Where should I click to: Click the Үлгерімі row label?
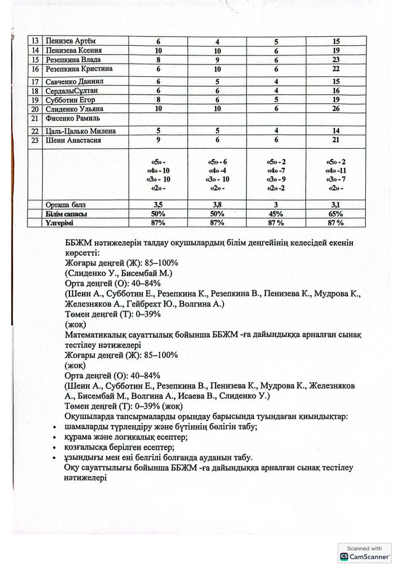(62, 223)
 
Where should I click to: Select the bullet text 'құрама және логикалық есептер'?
(127, 437)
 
